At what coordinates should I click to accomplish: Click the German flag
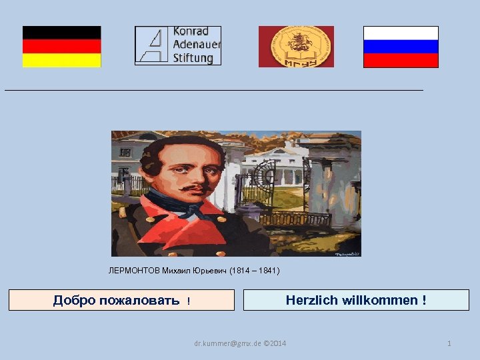(61, 47)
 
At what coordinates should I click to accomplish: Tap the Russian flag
(401, 47)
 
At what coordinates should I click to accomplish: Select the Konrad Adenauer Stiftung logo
(177, 45)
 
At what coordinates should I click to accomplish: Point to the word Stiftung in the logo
(193, 58)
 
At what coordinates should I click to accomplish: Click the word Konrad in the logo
(191, 31)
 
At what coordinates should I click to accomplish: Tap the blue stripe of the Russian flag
(401, 47)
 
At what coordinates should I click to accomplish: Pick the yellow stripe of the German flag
(61, 61)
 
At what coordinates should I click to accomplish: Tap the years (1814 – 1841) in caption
(255, 271)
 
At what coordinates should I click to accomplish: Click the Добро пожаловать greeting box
(121, 300)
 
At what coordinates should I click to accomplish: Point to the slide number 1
(449, 343)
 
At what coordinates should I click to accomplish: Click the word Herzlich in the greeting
(311, 300)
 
